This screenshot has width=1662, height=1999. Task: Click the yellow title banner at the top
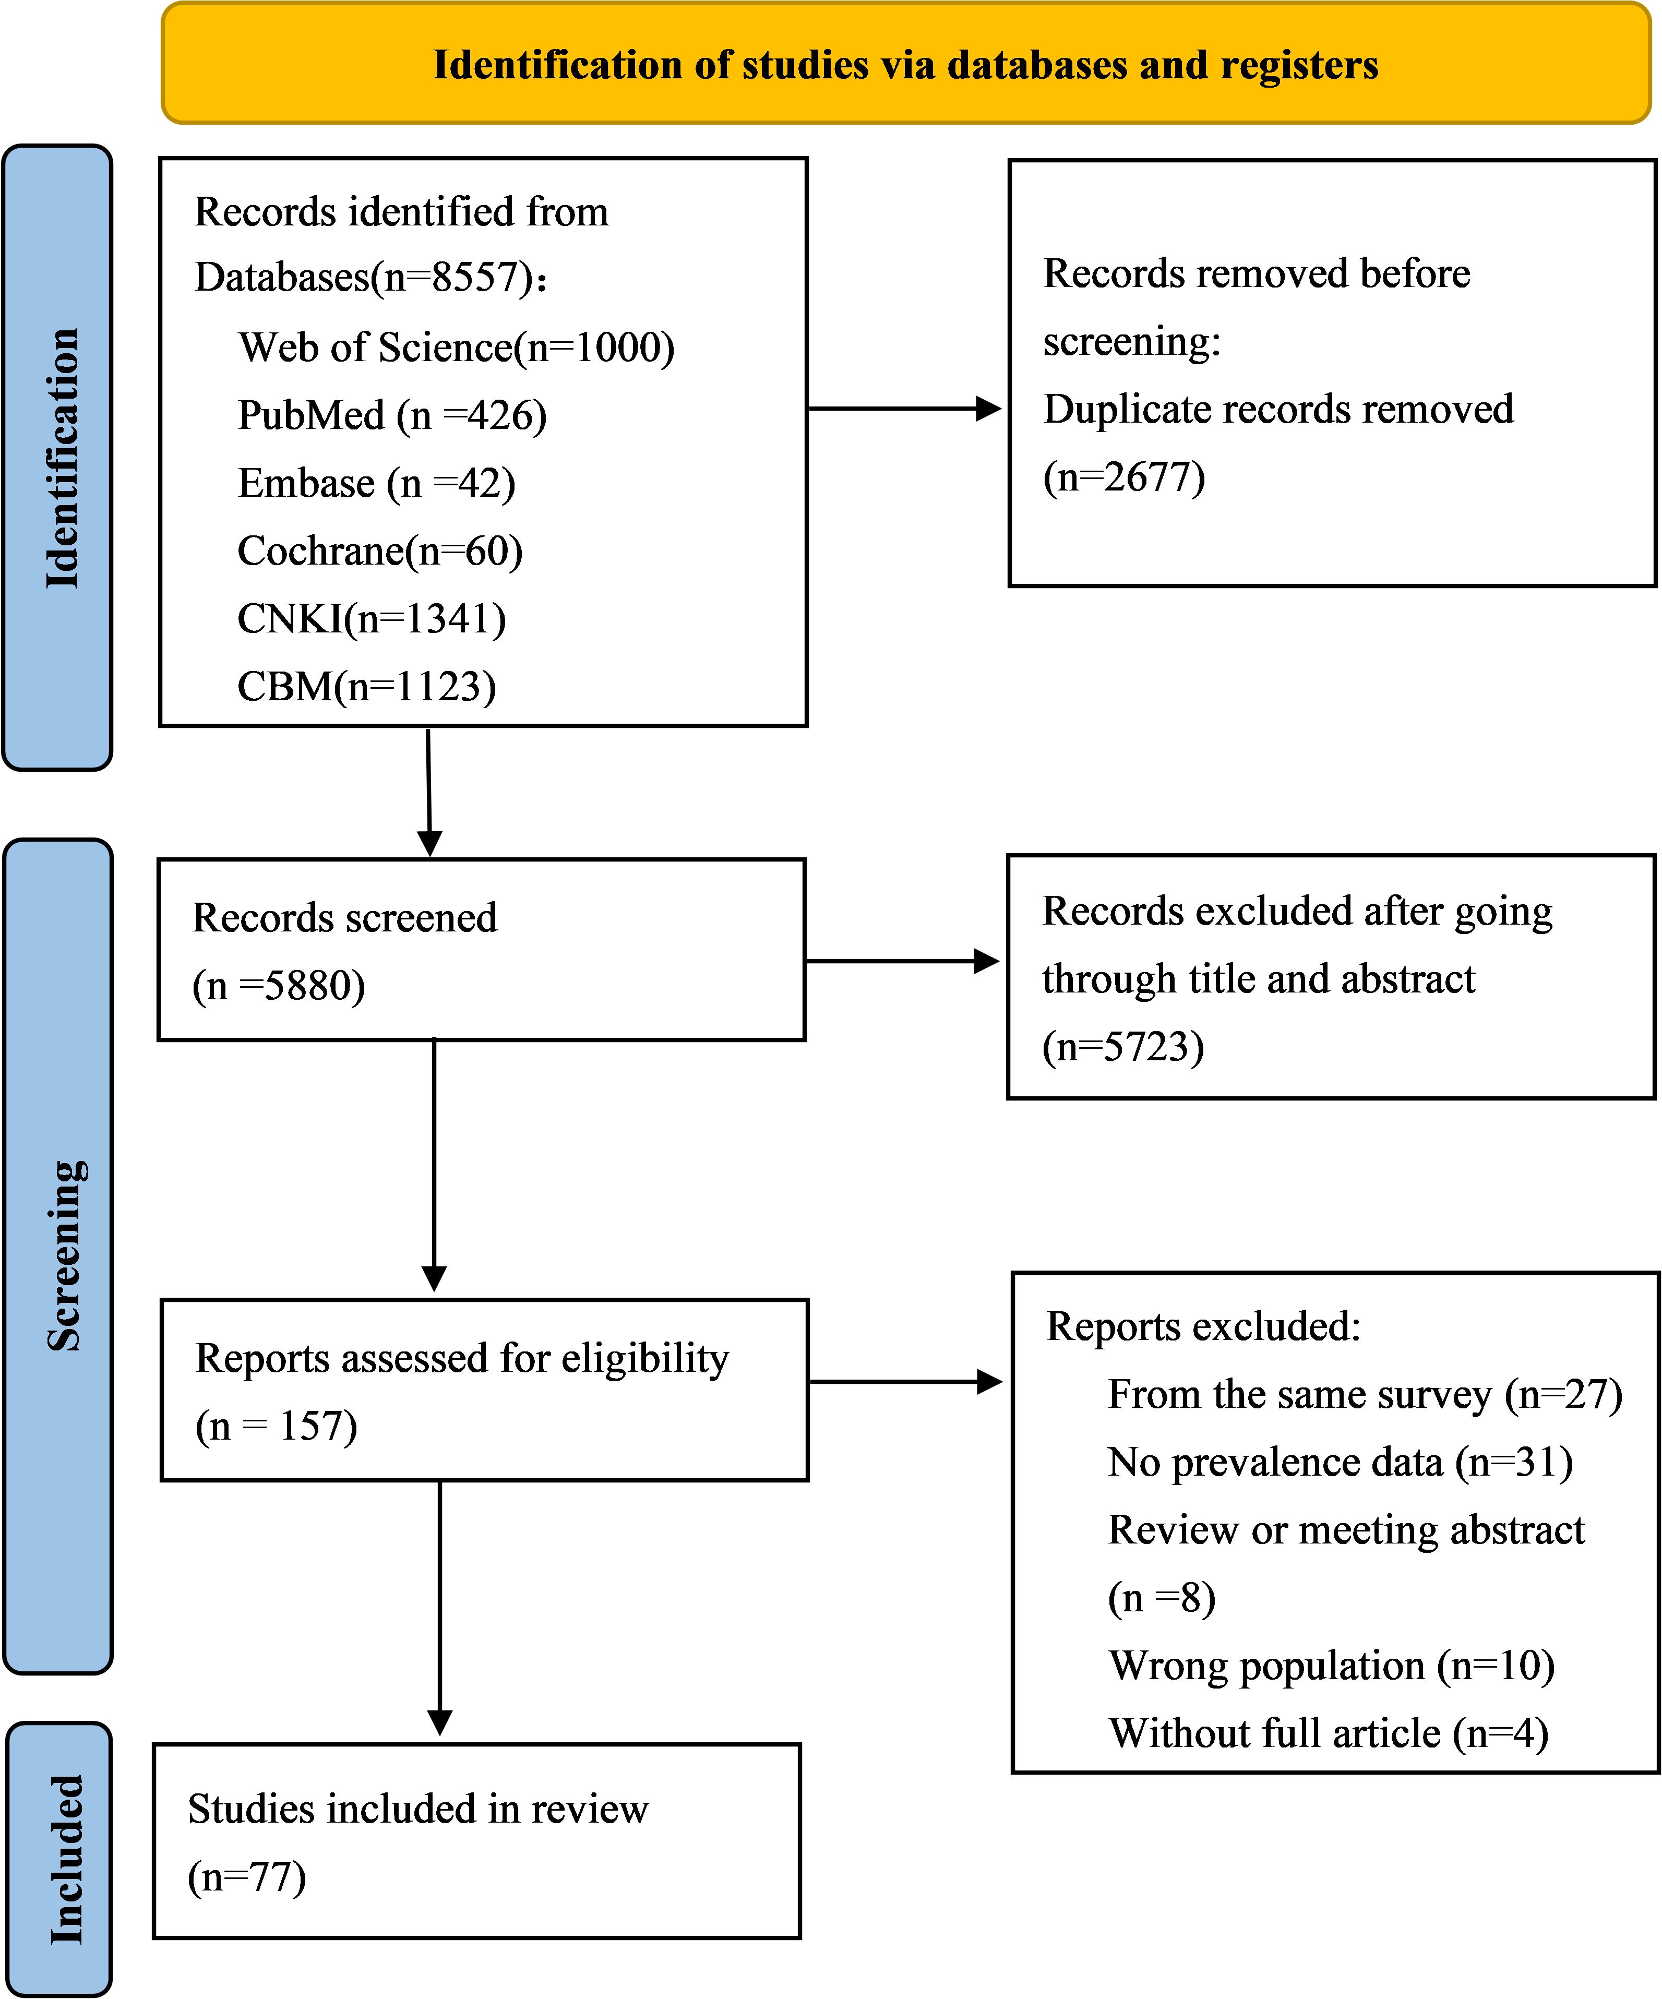point(906,63)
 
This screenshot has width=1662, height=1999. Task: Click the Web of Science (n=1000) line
point(456,348)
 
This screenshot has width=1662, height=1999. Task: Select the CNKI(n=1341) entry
point(371,619)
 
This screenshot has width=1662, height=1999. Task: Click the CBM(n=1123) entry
point(366,686)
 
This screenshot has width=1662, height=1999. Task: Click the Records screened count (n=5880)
point(279,985)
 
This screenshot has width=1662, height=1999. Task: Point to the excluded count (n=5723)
point(1123,1046)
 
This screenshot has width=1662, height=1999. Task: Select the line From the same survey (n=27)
point(1365,1395)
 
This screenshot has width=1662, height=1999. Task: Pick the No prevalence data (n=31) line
point(1340,1462)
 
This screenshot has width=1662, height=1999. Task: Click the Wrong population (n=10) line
point(1332,1666)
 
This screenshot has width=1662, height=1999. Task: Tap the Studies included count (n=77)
point(246,1877)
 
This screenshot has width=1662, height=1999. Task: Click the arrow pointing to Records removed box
point(904,409)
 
